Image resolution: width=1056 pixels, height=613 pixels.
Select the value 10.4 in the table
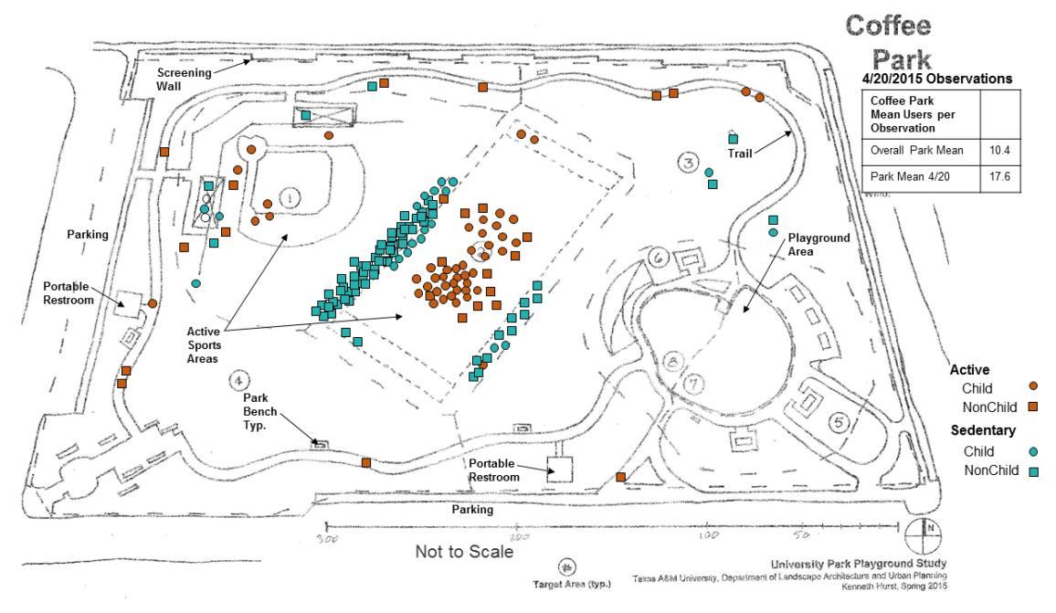tap(998, 149)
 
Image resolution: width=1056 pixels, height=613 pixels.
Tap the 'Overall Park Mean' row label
tap(917, 149)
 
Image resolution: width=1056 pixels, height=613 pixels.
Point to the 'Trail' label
tap(740, 153)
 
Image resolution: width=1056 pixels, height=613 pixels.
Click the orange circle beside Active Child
tap(1033, 386)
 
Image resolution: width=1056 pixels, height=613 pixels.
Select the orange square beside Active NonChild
tap(1033, 406)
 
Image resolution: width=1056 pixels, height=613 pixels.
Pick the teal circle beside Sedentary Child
tap(1033, 451)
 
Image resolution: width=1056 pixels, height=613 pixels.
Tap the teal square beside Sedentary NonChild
tap(1033, 471)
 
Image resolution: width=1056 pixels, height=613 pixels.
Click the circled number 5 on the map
tap(840, 422)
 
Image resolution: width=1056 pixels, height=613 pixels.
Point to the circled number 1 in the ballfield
tap(290, 196)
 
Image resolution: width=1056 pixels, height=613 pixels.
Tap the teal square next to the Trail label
tap(733, 139)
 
